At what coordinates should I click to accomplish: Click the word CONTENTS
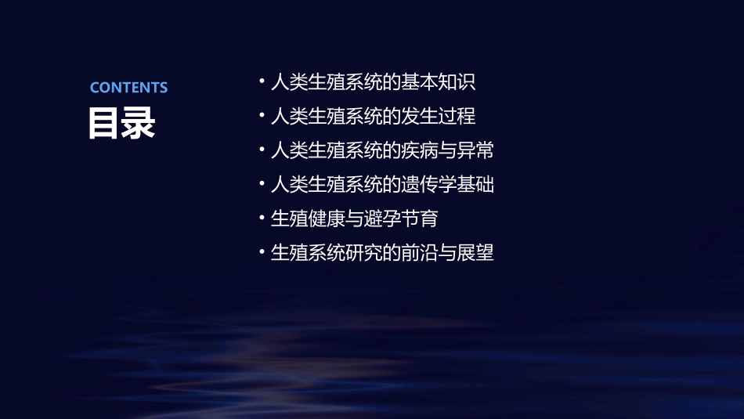tap(128, 88)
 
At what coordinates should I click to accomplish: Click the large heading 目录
tap(121, 123)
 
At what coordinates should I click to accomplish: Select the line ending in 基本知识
tap(373, 82)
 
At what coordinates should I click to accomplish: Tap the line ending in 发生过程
tap(373, 117)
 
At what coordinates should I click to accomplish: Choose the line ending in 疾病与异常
tap(382, 150)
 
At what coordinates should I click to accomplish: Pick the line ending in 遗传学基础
tap(382, 185)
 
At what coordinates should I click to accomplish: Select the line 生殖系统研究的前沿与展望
tap(382, 253)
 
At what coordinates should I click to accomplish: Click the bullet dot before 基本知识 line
tap(262, 81)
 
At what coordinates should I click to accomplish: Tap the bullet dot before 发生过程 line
tap(262, 116)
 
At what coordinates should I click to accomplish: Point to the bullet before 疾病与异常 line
tap(262, 150)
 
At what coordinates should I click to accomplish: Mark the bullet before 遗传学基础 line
tap(262, 184)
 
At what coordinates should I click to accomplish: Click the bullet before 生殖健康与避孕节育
tap(262, 219)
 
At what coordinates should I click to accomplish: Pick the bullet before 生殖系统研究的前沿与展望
tap(262, 252)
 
